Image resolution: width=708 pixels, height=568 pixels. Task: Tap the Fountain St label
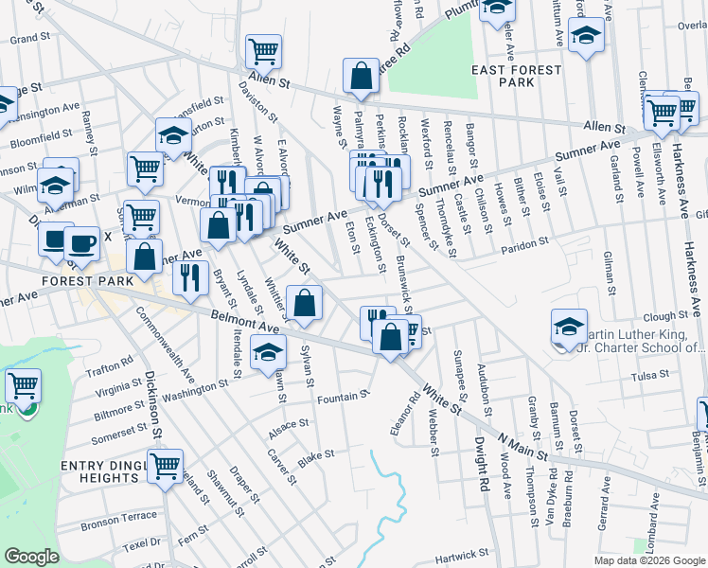pyautogui.click(x=343, y=397)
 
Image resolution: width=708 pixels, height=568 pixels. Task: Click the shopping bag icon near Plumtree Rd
pyautogui.click(x=361, y=76)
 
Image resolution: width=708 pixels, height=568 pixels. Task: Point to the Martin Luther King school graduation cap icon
pyautogui.click(x=569, y=327)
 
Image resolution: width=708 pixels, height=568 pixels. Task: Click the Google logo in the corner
pyautogui.click(x=31, y=557)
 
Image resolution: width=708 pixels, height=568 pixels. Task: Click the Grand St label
pyautogui.click(x=29, y=38)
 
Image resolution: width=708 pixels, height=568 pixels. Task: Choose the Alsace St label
pyautogui.click(x=288, y=424)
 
